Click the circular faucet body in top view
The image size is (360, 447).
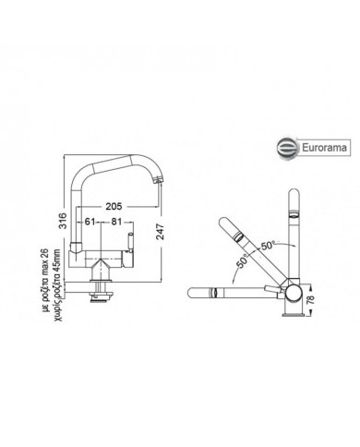coord(294,294)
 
